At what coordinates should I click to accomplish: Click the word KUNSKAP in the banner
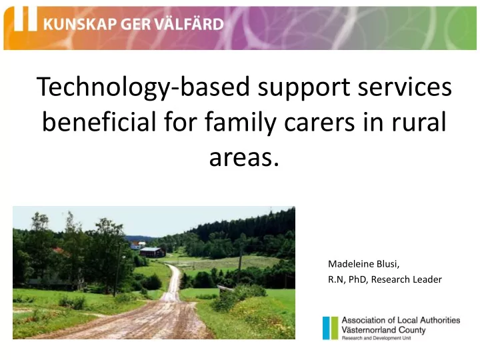point(81,24)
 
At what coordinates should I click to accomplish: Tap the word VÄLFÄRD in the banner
point(189,23)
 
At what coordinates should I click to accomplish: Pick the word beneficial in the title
point(99,121)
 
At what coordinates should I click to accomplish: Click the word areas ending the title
point(244,157)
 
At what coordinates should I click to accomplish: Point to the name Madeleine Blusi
point(363,264)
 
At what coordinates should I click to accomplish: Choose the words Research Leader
point(406,279)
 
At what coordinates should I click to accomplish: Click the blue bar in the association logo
point(326,328)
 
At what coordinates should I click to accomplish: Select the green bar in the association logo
point(334,328)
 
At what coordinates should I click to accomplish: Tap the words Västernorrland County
point(383,330)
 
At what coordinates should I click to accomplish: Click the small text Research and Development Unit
point(376,338)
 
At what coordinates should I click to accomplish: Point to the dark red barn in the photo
point(153,252)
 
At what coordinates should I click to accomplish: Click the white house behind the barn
point(137,245)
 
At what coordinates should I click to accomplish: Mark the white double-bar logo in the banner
point(26,19)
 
